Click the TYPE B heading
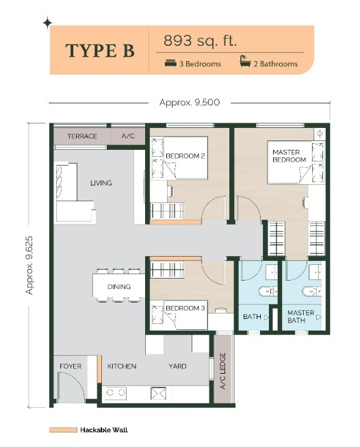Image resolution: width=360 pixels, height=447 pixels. (100, 51)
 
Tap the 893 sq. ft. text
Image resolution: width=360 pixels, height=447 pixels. (200, 41)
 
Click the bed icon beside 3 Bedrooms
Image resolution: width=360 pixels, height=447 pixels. (170, 63)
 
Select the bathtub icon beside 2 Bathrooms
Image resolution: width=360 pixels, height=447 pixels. (245, 61)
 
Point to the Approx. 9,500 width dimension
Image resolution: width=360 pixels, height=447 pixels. (190, 103)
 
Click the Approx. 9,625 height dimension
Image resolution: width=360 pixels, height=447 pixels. (29, 265)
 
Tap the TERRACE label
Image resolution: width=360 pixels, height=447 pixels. (82, 136)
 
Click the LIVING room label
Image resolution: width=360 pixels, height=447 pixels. (101, 183)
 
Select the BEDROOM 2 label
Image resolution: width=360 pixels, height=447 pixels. (185, 156)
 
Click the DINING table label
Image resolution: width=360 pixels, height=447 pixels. (119, 287)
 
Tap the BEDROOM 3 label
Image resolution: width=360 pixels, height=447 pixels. (185, 308)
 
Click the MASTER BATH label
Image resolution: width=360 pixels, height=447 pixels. (300, 316)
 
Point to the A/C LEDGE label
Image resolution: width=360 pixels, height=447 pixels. (223, 370)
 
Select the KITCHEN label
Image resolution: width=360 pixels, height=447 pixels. (122, 366)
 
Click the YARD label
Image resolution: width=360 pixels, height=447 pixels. (177, 366)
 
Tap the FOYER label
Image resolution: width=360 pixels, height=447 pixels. (70, 366)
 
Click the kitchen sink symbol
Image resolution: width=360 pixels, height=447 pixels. (158, 393)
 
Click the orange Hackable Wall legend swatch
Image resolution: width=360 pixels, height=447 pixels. (63, 430)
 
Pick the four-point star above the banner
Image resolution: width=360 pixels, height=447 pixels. (47, 23)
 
